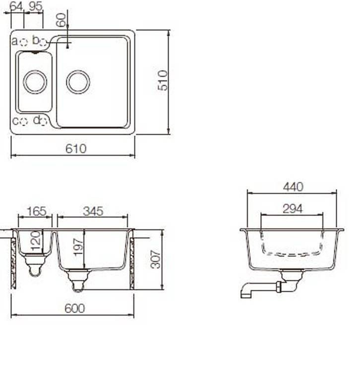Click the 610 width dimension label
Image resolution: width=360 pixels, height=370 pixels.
[76, 149]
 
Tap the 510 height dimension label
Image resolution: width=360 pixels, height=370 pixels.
[163, 80]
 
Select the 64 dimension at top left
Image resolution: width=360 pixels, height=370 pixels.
[16, 6]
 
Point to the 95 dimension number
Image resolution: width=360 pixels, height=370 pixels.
[35, 6]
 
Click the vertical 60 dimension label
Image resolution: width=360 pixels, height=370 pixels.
[60, 20]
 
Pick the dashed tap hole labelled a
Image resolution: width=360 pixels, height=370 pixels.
[23, 42]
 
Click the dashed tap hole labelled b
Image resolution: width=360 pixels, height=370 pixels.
[43, 43]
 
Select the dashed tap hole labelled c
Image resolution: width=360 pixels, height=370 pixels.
[23, 121]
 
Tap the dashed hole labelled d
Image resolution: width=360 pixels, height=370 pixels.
[43, 121]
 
